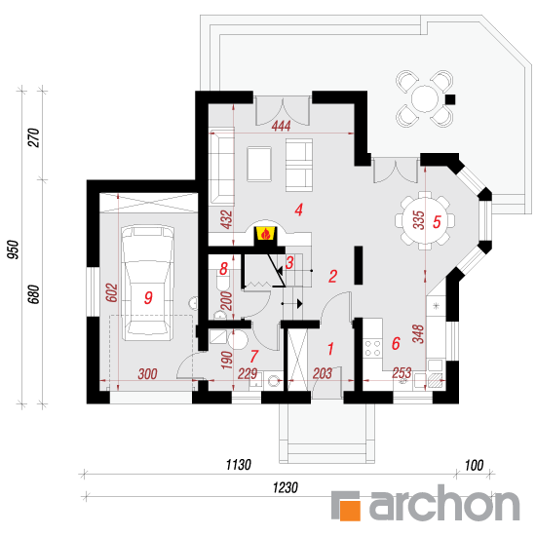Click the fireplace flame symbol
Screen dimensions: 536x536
point(266,234)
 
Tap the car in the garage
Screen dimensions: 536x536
point(148,283)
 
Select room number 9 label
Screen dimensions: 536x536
point(148,298)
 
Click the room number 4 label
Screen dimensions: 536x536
point(299,210)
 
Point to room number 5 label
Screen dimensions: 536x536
point(437,222)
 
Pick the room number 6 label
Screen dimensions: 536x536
point(396,344)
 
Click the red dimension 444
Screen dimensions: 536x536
point(281,126)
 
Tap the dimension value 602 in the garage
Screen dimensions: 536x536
point(112,292)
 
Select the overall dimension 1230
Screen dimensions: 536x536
point(286,488)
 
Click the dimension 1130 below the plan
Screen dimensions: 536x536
point(238,465)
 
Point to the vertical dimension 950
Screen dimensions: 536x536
point(14,249)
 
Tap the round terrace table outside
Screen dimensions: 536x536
point(425,98)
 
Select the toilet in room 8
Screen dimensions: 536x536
point(223,281)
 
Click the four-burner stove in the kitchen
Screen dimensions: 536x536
point(372,348)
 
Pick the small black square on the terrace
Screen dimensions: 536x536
point(450,99)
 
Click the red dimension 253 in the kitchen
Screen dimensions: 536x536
point(402,373)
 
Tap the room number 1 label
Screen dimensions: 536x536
point(330,349)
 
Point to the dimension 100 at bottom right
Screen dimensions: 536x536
point(474,465)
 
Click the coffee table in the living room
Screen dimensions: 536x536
point(259,164)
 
